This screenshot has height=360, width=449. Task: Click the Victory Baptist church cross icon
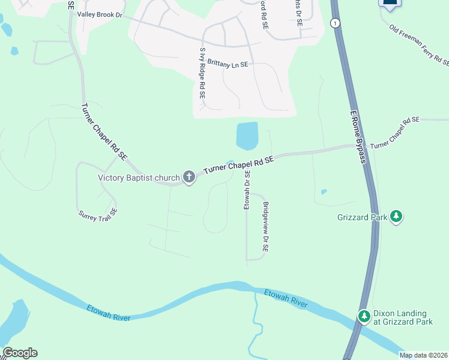189,177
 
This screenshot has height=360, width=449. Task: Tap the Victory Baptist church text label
139,178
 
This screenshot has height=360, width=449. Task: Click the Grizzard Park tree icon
396,216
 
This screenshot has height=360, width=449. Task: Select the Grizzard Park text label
361,218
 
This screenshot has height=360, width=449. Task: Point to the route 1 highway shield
335,23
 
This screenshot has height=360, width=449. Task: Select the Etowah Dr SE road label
246,190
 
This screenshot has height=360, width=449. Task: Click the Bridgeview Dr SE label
265,226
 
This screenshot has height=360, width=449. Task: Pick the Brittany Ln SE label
228,62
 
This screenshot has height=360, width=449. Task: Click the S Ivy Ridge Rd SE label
202,73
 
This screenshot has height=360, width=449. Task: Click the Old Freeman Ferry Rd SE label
419,44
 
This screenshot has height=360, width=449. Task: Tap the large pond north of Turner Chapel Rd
247,136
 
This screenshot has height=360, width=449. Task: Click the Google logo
20,353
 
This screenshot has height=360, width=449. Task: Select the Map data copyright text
423,355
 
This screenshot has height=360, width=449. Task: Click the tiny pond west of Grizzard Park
324,192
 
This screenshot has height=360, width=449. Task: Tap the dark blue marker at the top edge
390,3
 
